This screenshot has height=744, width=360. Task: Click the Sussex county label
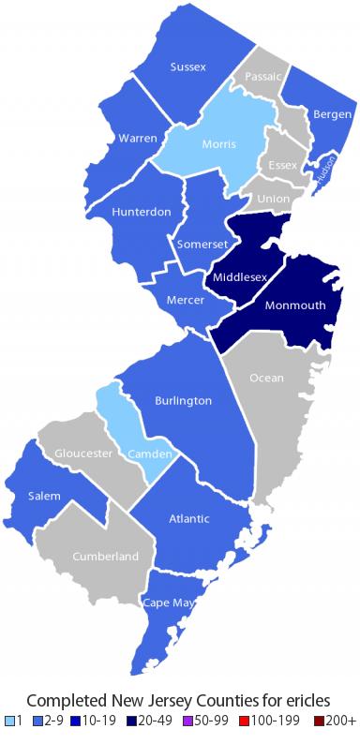(188, 67)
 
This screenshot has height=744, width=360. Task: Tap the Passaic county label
(262, 76)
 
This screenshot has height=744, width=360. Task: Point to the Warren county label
(138, 139)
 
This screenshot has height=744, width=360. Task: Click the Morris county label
(218, 143)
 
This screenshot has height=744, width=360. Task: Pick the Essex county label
(282, 165)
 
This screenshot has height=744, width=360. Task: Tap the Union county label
(273, 200)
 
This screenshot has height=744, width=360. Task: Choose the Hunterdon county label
(141, 212)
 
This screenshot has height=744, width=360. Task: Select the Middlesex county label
(241, 277)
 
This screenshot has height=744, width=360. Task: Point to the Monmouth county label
(294, 305)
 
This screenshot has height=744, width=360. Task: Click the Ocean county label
(266, 378)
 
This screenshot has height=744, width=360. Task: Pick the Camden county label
(149, 454)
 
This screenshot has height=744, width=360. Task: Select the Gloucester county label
(84, 454)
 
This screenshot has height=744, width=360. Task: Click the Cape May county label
(170, 603)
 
